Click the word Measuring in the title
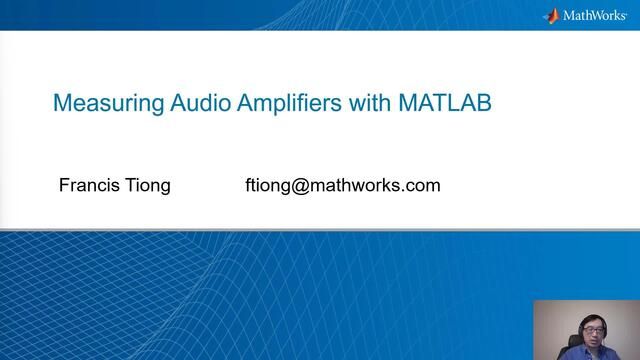(x=109, y=104)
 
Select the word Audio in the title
(x=200, y=102)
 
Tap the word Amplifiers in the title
(x=289, y=104)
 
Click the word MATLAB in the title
(x=444, y=102)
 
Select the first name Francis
(x=89, y=185)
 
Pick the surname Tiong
(x=148, y=187)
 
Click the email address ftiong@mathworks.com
(x=343, y=186)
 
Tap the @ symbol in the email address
(x=300, y=186)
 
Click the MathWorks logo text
(x=594, y=16)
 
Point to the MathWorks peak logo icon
(x=552, y=16)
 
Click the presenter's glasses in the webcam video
(x=593, y=330)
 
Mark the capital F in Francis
(x=64, y=185)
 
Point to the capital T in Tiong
(x=131, y=185)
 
